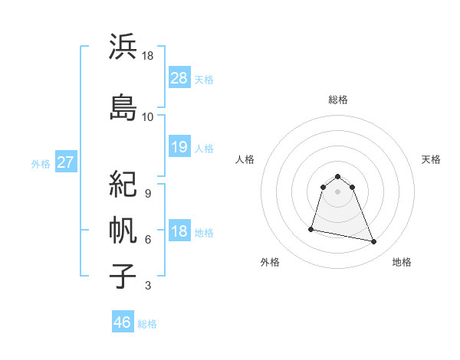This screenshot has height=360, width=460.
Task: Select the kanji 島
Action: click(123, 107)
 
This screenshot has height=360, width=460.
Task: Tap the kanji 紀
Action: click(123, 185)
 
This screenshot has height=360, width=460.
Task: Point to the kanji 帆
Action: click(123, 229)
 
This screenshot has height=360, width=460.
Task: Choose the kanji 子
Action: click(123, 277)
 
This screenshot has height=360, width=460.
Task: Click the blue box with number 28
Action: click(179, 78)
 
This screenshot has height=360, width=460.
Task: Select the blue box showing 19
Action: click(179, 147)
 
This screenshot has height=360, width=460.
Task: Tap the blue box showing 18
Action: click(179, 232)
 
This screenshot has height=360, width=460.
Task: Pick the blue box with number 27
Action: click(65, 162)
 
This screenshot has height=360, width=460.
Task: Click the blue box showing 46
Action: click(123, 322)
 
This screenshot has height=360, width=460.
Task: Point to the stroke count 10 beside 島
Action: click(147, 117)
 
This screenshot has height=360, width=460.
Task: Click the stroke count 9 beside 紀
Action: click(147, 194)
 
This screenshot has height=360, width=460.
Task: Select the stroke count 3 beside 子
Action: click(147, 286)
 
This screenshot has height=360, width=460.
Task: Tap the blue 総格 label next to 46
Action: click(147, 324)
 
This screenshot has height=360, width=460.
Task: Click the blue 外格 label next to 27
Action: click(41, 163)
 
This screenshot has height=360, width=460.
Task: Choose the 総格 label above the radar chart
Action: click(338, 100)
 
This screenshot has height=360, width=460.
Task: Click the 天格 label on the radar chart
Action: click(431, 159)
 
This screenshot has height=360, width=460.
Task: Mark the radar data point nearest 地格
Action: click(374, 242)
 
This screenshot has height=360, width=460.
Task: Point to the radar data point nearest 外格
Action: click(311, 228)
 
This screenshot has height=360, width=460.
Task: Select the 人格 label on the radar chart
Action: click(245, 159)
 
